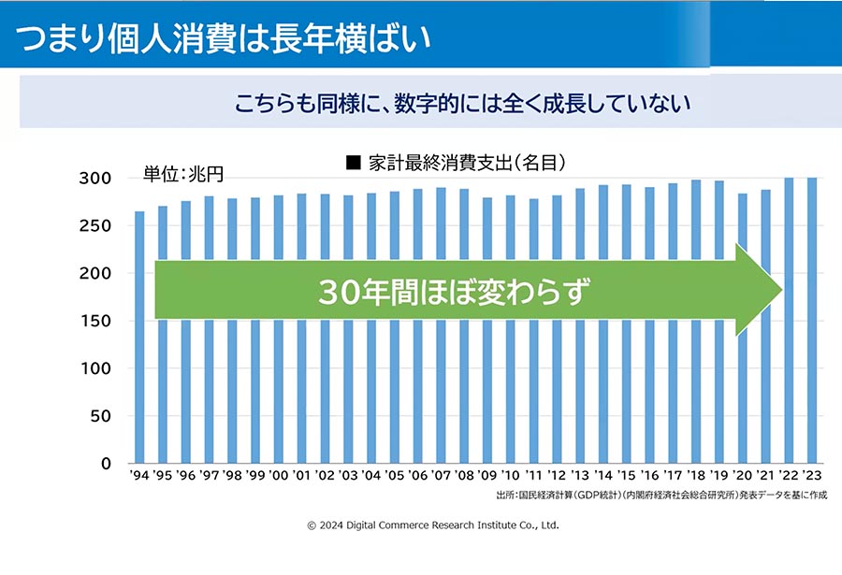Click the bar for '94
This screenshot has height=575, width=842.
point(139,338)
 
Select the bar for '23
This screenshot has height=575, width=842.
point(812,321)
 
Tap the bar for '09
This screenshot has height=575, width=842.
point(487,330)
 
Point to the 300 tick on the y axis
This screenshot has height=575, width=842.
point(95,179)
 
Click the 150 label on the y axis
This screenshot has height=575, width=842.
point(95,321)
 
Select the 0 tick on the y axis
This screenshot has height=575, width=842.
point(106,464)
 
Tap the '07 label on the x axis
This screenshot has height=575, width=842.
point(441,475)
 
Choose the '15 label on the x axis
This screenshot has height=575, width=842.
point(626,475)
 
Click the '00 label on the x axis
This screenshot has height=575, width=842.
point(278,475)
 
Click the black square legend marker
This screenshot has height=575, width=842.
point(354,162)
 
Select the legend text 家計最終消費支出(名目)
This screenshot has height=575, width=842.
point(467,162)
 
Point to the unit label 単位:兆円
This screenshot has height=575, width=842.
point(183,174)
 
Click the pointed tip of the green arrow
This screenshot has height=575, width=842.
point(782,290)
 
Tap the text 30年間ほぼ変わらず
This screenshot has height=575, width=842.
point(454,292)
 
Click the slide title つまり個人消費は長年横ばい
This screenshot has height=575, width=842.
point(224,38)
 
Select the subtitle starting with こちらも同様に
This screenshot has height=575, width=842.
point(462,103)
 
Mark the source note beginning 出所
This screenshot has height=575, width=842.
point(661,495)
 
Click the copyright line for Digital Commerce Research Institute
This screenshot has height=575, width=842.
point(433,525)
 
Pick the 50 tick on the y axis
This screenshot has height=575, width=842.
point(100,416)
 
